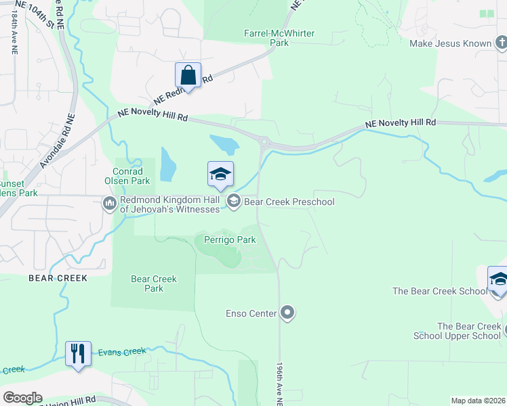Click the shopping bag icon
pyautogui.click(x=188, y=76)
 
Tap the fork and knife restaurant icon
pyautogui.click(x=77, y=354)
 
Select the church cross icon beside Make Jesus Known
pyautogui.click(x=500, y=44)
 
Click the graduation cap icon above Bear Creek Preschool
pyautogui.click(x=220, y=175)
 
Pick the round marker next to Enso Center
pyautogui.click(x=288, y=313)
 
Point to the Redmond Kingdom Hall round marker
pyautogui.click(x=109, y=202)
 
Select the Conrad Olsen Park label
pyautogui.click(x=127, y=176)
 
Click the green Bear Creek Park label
pyautogui.click(x=154, y=284)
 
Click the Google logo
pyautogui.click(x=22, y=398)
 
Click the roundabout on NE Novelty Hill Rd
pyautogui.click(x=263, y=142)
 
